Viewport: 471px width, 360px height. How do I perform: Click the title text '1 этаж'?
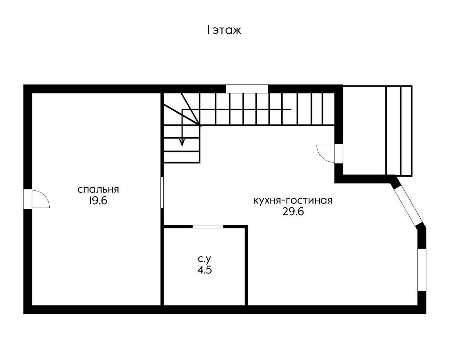[224, 30]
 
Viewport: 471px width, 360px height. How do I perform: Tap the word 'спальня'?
[98, 190]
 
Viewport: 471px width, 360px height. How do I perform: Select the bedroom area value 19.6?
[98, 201]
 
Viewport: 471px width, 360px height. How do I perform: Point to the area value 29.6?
[293, 212]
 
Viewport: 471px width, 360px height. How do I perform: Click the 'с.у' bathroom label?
[205, 259]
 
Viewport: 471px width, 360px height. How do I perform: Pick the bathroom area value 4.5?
[205, 270]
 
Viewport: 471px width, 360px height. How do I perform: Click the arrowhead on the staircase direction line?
[182, 143]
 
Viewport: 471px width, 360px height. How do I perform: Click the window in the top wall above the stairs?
[247, 89]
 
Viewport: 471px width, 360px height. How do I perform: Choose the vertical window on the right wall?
[422, 269]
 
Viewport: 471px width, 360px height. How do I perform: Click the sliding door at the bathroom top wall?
[208, 227]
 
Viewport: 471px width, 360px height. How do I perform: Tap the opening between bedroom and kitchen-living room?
[162, 193]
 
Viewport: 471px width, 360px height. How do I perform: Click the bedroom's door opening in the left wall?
[28, 199]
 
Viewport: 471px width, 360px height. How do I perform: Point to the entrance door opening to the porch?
[339, 154]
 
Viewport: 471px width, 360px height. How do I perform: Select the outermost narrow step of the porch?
[406, 131]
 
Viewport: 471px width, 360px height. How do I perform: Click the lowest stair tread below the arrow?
[181, 157]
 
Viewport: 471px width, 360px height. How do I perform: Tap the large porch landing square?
[365, 130]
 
